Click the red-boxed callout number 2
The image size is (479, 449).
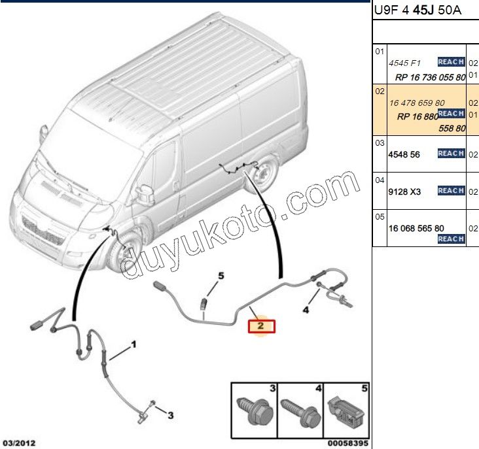[260, 325]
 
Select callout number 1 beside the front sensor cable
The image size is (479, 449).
[133, 345]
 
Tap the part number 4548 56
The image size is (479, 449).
[404, 155]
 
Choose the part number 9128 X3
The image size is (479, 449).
[404, 192]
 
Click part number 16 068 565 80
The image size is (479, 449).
[416, 229]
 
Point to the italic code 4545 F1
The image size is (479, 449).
[404, 63]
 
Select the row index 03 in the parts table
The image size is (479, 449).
[380, 143]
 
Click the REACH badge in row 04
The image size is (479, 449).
[452, 190]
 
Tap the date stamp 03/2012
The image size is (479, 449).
[18, 443]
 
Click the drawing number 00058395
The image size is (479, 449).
[348, 443]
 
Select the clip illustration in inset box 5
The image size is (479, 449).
[346, 410]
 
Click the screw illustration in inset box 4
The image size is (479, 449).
[300, 412]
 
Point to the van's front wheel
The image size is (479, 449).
[124, 252]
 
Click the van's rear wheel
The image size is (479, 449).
[262, 175]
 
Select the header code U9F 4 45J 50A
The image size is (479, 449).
[417, 10]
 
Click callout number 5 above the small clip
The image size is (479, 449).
[221, 276]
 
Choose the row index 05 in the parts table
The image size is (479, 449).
[380, 217]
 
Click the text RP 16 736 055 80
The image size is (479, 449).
[430, 78]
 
